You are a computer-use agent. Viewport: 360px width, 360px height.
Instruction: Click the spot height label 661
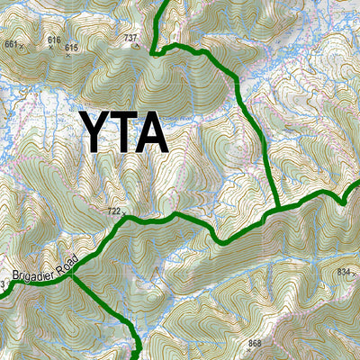11,43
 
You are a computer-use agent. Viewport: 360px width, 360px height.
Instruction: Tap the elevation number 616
54,40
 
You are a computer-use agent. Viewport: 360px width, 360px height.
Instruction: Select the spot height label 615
72,47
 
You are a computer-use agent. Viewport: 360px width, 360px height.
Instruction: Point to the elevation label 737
130,39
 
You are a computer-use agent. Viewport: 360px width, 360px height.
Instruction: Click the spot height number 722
113,211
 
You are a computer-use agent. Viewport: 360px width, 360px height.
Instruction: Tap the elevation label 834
343,271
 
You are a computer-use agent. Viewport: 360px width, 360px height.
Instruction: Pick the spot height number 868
255,344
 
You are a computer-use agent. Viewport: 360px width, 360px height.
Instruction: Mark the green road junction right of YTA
280,209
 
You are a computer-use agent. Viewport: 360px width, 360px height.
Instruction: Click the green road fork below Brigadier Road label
73,274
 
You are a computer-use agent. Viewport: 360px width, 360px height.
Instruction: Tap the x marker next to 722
124,214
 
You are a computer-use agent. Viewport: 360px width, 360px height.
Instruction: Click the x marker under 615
67,54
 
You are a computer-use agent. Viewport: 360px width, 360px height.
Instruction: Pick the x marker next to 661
22,44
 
